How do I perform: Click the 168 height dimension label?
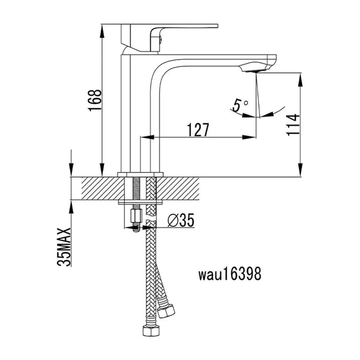click(x=95, y=100)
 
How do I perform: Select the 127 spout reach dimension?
click(x=198, y=129)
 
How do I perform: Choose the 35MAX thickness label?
click(x=66, y=246)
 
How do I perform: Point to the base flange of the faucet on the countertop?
click(x=141, y=174)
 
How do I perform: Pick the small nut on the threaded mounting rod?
click(x=134, y=215)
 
